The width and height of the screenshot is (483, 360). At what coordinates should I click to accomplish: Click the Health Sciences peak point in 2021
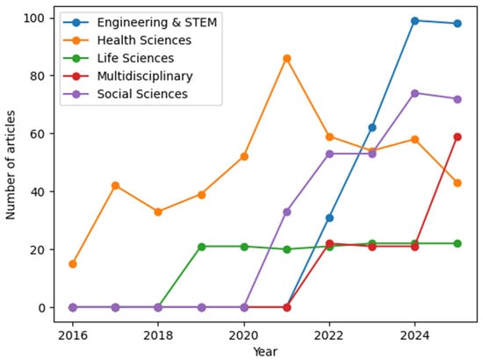pyautogui.click(x=287, y=59)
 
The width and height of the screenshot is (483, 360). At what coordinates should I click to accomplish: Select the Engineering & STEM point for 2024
pyautogui.click(x=415, y=21)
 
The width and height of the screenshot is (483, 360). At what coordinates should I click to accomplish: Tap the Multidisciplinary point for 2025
pyautogui.click(x=458, y=137)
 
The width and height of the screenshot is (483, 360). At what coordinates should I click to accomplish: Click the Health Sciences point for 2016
pyautogui.click(x=73, y=264)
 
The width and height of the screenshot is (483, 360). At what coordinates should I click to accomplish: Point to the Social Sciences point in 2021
pyautogui.click(x=287, y=212)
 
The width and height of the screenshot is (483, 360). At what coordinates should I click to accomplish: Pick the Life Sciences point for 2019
pyautogui.click(x=201, y=247)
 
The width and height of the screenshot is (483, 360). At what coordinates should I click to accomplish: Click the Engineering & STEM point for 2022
pyautogui.click(x=329, y=218)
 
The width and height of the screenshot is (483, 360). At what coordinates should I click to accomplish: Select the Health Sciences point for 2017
pyautogui.click(x=115, y=185)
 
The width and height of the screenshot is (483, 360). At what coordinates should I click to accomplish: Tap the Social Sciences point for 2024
pyautogui.click(x=415, y=93)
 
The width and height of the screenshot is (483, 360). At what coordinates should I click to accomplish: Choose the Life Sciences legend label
pyautogui.click(x=135, y=58)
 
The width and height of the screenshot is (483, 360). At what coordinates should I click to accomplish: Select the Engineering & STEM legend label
pyautogui.click(x=157, y=23)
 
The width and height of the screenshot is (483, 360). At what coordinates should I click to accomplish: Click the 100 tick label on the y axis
pyautogui.click(x=33, y=18)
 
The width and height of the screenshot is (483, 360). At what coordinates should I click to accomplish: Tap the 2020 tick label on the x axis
pyautogui.click(x=244, y=335)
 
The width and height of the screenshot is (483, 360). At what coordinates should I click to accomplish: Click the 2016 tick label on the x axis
pyautogui.click(x=73, y=335)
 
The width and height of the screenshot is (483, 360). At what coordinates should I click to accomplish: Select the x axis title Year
pyautogui.click(x=265, y=351)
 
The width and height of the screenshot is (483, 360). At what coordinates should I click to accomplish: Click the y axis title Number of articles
pyautogui.click(x=11, y=165)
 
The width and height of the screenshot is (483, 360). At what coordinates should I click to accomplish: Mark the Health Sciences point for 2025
pyautogui.click(x=458, y=183)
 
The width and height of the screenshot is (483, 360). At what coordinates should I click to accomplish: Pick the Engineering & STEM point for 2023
pyautogui.click(x=372, y=127)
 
